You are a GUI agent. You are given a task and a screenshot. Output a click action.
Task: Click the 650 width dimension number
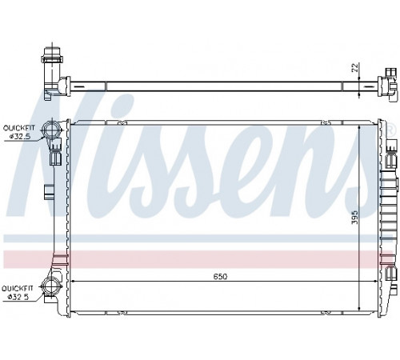click(220, 277)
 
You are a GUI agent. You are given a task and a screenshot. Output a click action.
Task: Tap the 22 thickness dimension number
click(355, 68)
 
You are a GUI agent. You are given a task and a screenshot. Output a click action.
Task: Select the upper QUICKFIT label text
click(19, 128)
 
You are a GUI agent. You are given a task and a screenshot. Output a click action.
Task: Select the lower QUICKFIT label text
click(18, 289)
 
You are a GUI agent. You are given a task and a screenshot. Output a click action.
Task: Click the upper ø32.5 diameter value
click(20, 136)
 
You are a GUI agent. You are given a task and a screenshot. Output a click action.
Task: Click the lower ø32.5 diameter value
click(18, 297)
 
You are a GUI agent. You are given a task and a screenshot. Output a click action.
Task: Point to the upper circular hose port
click(51, 130)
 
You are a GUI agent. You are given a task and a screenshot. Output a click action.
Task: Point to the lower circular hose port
click(50, 286)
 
